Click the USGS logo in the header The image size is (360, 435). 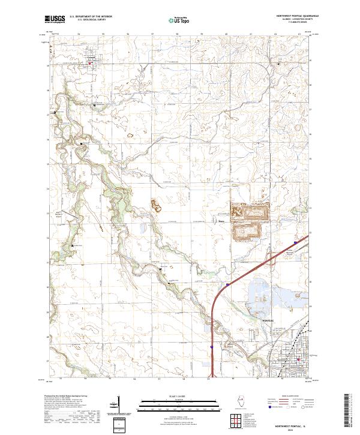coord(55,19)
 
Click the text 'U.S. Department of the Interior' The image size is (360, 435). coord(91,17)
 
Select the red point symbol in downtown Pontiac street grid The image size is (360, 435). coord(298,359)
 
